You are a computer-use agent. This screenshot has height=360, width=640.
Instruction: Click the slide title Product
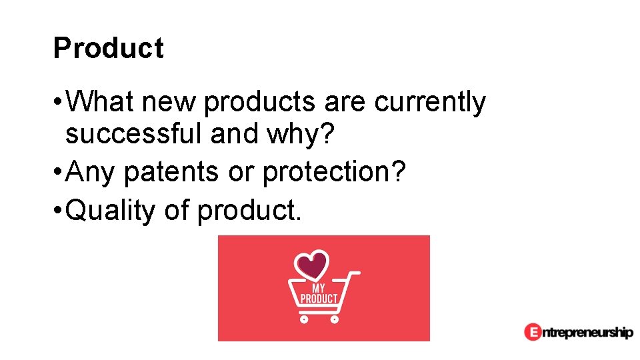click(x=108, y=49)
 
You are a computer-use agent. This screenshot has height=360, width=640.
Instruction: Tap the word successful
click(x=134, y=134)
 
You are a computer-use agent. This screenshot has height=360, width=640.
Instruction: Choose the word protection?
click(x=333, y=173)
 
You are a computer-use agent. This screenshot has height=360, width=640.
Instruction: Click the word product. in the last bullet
click(x=249, y=211)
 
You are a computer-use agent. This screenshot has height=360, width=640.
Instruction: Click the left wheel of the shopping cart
click(x=304, y=319)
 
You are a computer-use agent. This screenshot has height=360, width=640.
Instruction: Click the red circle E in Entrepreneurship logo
click(x=532, y=331)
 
